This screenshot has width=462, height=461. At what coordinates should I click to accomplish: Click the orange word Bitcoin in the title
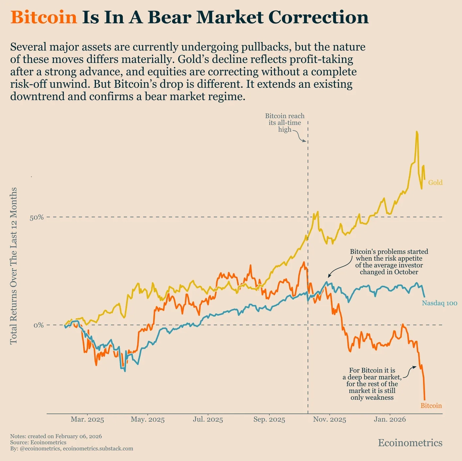click(44, 17)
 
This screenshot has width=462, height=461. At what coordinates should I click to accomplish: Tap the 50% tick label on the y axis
click(36, 217)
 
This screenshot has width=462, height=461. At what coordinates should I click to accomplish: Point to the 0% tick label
click(39, 325)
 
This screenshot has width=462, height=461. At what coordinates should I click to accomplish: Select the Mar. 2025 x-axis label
click(87, 419)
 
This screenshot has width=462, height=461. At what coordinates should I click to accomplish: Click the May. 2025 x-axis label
click(148, 419)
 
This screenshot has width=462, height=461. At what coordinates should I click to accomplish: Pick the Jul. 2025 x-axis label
click(208, 419)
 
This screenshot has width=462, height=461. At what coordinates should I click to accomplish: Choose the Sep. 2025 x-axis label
click(269, 419)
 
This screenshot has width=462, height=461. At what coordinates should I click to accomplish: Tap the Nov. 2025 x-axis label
click(330, 419)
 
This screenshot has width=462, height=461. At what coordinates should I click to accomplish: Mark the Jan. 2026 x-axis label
click(390, 419)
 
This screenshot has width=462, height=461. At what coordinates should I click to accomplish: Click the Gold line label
click(435, 182)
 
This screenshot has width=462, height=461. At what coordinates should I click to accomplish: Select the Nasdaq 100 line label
click(439, 303)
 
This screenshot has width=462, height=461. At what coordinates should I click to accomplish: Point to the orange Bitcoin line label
click(431, 406)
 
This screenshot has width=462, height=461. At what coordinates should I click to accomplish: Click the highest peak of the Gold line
click(417, 132)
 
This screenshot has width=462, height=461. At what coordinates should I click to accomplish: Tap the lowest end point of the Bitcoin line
click(424, 399)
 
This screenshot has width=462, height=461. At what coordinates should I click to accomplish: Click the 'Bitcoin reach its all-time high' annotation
click(285, 123)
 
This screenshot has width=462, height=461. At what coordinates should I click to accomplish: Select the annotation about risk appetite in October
click(389, 262)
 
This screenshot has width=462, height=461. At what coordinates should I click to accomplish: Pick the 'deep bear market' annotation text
click(372, 384)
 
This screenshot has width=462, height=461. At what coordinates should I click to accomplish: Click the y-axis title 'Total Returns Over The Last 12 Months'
click(14, 266)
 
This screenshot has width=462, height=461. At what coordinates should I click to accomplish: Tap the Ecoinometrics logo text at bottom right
click(410, 443)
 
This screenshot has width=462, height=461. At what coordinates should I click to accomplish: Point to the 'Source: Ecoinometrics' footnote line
click(38, 442)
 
